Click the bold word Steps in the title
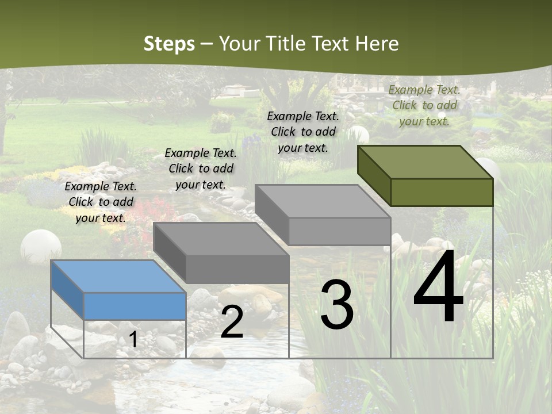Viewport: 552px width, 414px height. coord(168,44)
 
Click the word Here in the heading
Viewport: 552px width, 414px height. coord(377,44)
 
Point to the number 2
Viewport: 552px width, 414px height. coord(232,322)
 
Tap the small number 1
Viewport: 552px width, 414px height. coord(133,340)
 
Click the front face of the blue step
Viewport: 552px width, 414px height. coord(135,306)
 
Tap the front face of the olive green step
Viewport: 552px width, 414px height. coord(442,192)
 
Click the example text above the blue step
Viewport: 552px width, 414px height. coord(101,202)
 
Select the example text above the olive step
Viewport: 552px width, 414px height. coord(424,105)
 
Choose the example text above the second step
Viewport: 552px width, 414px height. coord(201,168)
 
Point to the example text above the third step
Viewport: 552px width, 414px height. coord(303,132)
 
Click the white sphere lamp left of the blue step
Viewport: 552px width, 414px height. coord(41,246)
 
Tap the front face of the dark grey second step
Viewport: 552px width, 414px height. coord(237,269)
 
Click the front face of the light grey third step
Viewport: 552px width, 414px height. coord(339,231)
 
